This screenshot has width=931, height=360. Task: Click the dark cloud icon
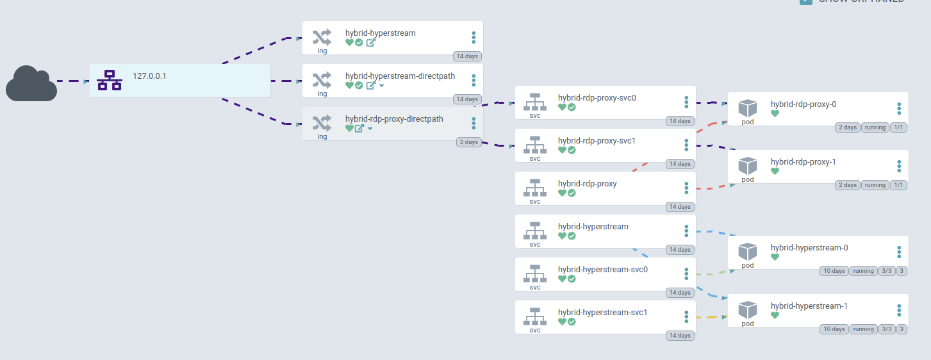pyautogui.click(x=31, y=83)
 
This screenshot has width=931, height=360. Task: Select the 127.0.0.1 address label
pyautogui.click(x=149, y=76)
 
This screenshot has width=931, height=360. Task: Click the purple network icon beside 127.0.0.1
pyautogui.click(x=109, y=80)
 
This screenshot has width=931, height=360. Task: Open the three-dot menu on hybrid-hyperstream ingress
pyautogui.click(x=474, y=37)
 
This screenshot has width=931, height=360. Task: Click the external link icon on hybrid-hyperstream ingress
pyautogui.click(x=370, y=43)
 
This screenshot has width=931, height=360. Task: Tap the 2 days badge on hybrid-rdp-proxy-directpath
pyautogui.click(x=469, y=142)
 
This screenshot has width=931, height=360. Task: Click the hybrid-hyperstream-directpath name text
pyautogui.click(x=400, y=76)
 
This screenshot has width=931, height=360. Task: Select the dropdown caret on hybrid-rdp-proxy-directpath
pyautogui.click(x=370, y=129)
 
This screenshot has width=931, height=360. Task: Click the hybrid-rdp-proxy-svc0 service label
pyautogui.click(x=597, y=98)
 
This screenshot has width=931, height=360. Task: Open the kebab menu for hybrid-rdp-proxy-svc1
pyautogui.click(x=686, y=145)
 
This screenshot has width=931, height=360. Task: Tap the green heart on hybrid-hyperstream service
pyautogui.click(x=562, y=236)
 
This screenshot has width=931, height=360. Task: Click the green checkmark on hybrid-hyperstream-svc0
pyautogui.click(x=572, y=279)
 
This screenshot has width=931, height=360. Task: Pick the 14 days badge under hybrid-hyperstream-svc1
pyautogui.click(x=679, y=336)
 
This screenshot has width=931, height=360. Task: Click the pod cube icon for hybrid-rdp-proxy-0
pyautogui.click(x=748, y=108)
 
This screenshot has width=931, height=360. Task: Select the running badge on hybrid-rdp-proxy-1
pyautogui.click(x=875, y=185)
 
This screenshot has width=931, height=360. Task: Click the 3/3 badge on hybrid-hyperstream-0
pyautogui.click(x=886, y=271)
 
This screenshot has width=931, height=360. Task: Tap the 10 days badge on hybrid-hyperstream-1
pyautogui.click(x=834, y=329)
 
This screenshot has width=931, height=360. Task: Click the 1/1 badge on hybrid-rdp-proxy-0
pyautogui.click(x=898, y=127)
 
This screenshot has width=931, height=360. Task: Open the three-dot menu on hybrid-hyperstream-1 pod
pyautogui.click(x=899, y=310)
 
